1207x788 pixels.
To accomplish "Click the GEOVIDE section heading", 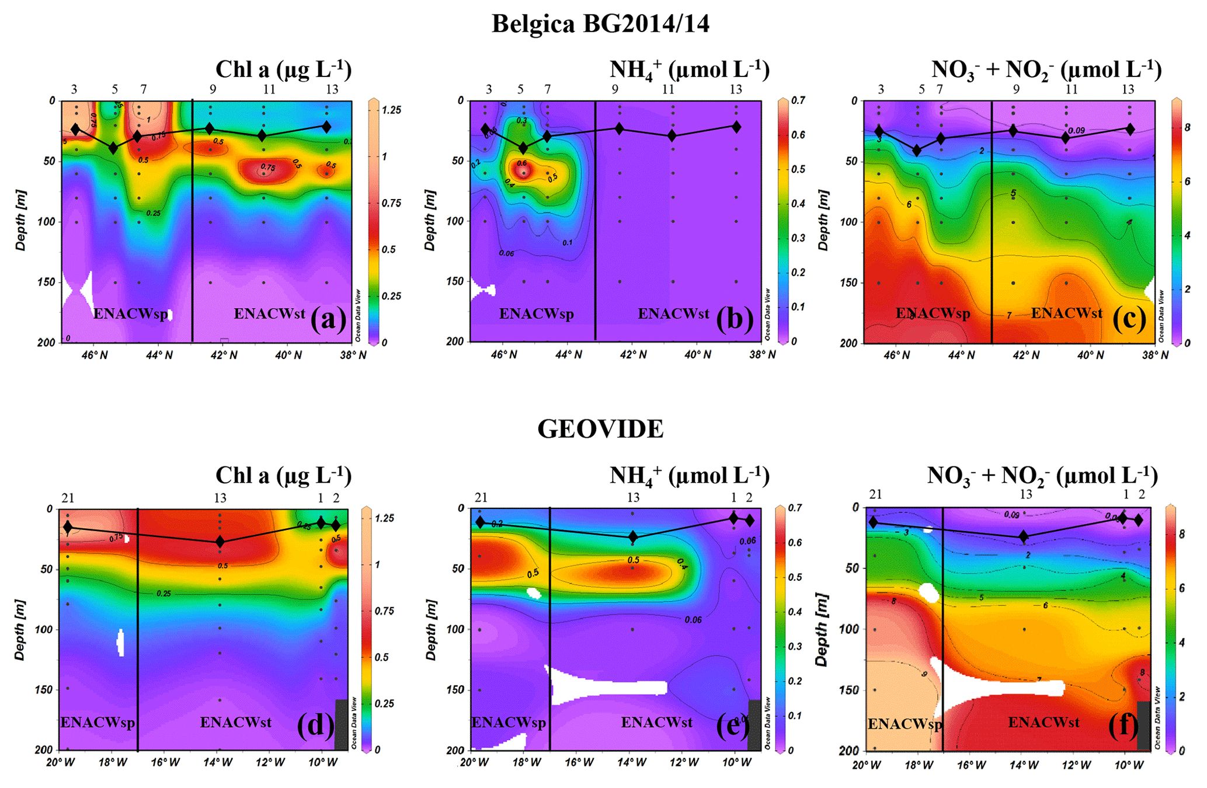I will [x=600, y=429].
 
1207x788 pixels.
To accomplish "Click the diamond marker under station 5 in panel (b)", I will [x=523, y=148].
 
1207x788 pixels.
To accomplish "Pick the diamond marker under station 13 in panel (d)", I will [x=220, y=541].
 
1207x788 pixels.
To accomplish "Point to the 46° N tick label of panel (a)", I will [x=94, y=355].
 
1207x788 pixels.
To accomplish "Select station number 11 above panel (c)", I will [x=1071, y=89].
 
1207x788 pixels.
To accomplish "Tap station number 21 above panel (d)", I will [x=68, y=498].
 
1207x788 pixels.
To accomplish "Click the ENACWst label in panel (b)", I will [x=673, y=313].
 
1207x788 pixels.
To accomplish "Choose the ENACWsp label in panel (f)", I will [x=905, y=724].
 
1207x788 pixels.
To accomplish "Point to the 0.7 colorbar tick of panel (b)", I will [x=798, y=100].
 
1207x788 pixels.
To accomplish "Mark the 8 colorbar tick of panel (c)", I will [x=1187, y=127].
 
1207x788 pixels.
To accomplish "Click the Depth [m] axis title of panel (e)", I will [x=431, y=629].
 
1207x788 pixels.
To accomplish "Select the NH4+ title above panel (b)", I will [x=689, y=70].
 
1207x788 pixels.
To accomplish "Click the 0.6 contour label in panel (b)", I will [x=521, y=163].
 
